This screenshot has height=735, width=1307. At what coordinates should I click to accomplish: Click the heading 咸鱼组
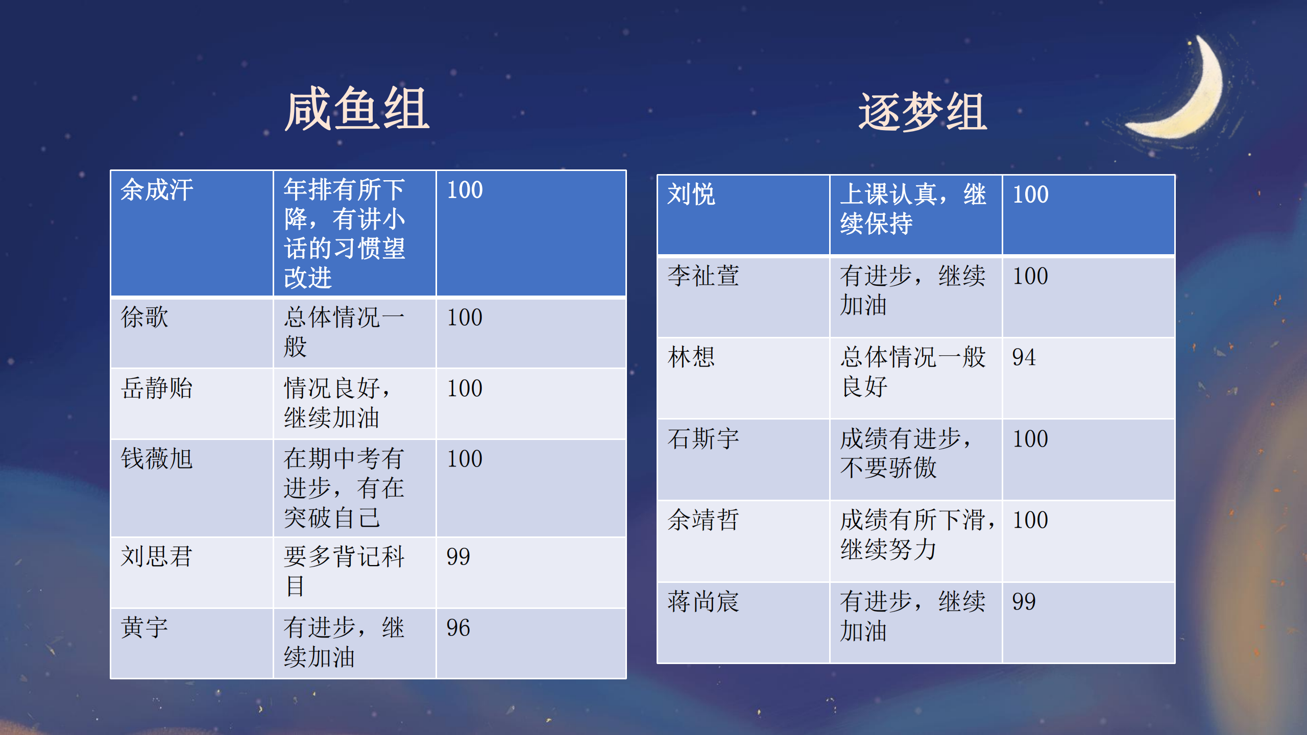coord(357,109)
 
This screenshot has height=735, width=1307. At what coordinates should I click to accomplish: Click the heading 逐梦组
coord(923,112)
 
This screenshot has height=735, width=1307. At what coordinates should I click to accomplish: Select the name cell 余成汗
coord(157,190)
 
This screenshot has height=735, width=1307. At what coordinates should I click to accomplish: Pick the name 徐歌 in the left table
coord(144,317)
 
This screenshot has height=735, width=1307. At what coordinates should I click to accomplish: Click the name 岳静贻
coord(157,388)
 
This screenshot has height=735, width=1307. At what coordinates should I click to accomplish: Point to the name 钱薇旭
coord(157,458)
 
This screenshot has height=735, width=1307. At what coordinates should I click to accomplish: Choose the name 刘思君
coord(156,556)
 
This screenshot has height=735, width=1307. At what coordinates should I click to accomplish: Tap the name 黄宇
coord(144,627)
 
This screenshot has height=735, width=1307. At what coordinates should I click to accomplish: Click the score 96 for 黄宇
coord(458,628)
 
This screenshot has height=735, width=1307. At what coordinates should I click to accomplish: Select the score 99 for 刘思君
coord(458,557)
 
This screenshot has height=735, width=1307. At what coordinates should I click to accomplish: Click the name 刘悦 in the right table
coord(691,194)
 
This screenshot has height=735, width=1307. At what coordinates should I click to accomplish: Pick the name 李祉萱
coord(704,276)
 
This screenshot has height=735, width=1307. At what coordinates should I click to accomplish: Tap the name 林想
coord(691,357)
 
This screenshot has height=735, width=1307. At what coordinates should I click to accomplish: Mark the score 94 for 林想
coord(1024,357)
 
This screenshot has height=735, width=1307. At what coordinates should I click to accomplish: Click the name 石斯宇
coord(704,438)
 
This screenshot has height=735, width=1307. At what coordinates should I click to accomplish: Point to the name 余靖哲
coord(704,520)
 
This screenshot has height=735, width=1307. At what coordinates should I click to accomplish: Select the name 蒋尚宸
coord(704,601)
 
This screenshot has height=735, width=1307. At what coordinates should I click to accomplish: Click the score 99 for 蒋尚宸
coord(1024,602)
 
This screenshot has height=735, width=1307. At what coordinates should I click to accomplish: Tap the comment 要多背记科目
coord(345,571)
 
